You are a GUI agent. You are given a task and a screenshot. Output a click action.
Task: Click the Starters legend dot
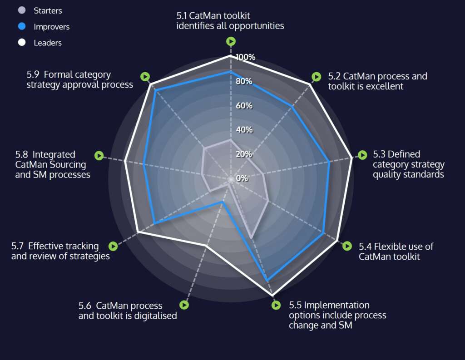[21, 10]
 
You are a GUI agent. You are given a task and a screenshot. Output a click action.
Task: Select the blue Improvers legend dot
[21, 26]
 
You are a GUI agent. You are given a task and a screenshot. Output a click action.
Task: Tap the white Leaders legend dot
[21, 43]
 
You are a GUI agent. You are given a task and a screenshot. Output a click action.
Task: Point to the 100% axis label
[246, 57]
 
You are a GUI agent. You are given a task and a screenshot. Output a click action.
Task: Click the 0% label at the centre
[242, 178]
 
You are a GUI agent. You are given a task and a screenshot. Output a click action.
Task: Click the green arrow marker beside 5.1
[231, 41]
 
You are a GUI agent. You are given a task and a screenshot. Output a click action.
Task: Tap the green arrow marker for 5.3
[362, 155]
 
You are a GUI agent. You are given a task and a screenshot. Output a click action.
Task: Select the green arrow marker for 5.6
[184, 305]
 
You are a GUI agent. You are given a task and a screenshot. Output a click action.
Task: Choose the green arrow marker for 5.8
[99, 155]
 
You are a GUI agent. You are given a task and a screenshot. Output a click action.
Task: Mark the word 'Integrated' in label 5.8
[54, 155]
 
